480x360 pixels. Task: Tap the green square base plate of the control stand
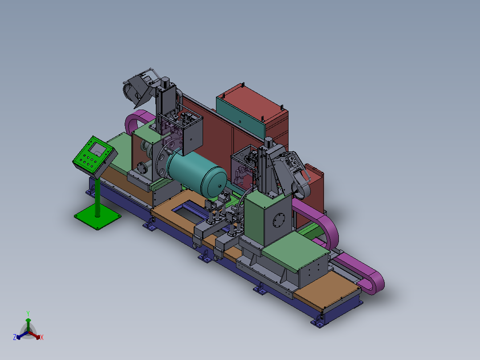pos(98,217)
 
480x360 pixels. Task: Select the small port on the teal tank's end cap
pos(219,186)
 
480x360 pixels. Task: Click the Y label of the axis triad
pos(28,313)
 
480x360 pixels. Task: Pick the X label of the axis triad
pos(42,337)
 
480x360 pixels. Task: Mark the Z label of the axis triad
pos(15,337)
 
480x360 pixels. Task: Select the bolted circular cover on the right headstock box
pos(279,221)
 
